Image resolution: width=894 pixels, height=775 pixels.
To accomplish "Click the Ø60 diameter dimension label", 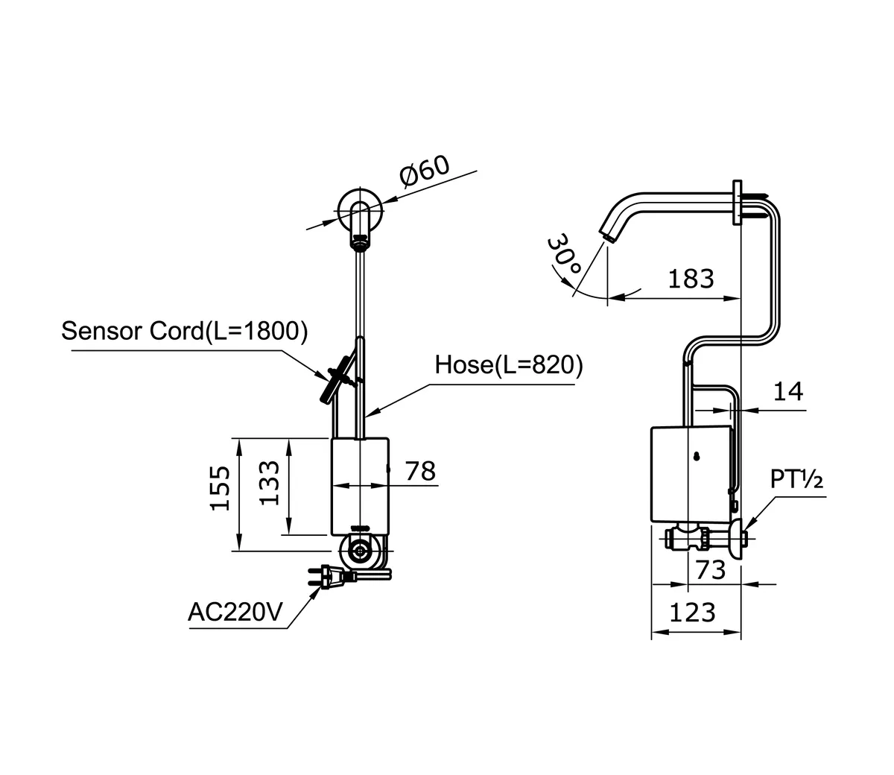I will click(425, 171).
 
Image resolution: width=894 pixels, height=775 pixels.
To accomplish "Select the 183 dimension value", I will click(691, 279).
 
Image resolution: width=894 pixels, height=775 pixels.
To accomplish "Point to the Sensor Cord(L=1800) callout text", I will click(184, 331).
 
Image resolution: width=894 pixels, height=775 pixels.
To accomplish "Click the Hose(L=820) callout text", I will click(509, 365).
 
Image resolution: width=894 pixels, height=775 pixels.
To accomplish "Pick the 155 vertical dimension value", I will click(220, 488).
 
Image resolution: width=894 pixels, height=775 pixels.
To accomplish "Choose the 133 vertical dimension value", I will click(270, 483).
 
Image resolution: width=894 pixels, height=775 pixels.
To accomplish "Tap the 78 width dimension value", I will click(419, 471).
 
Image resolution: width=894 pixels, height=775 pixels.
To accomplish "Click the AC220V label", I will click(235, 613).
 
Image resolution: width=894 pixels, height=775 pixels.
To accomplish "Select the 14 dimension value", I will click(788, 391).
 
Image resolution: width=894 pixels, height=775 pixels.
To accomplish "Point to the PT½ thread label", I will click(796, 481).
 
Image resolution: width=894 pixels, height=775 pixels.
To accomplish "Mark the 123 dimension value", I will click(692, 613).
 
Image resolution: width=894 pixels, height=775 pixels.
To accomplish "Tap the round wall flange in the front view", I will click(361, 209).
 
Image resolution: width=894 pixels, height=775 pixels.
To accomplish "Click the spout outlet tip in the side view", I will click(609, 237).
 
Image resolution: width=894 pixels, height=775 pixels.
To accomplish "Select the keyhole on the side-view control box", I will click(696, 458).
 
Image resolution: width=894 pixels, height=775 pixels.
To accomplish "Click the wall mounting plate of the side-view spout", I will click(738, 202).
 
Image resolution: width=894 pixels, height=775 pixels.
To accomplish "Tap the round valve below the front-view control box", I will click(361, 552).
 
